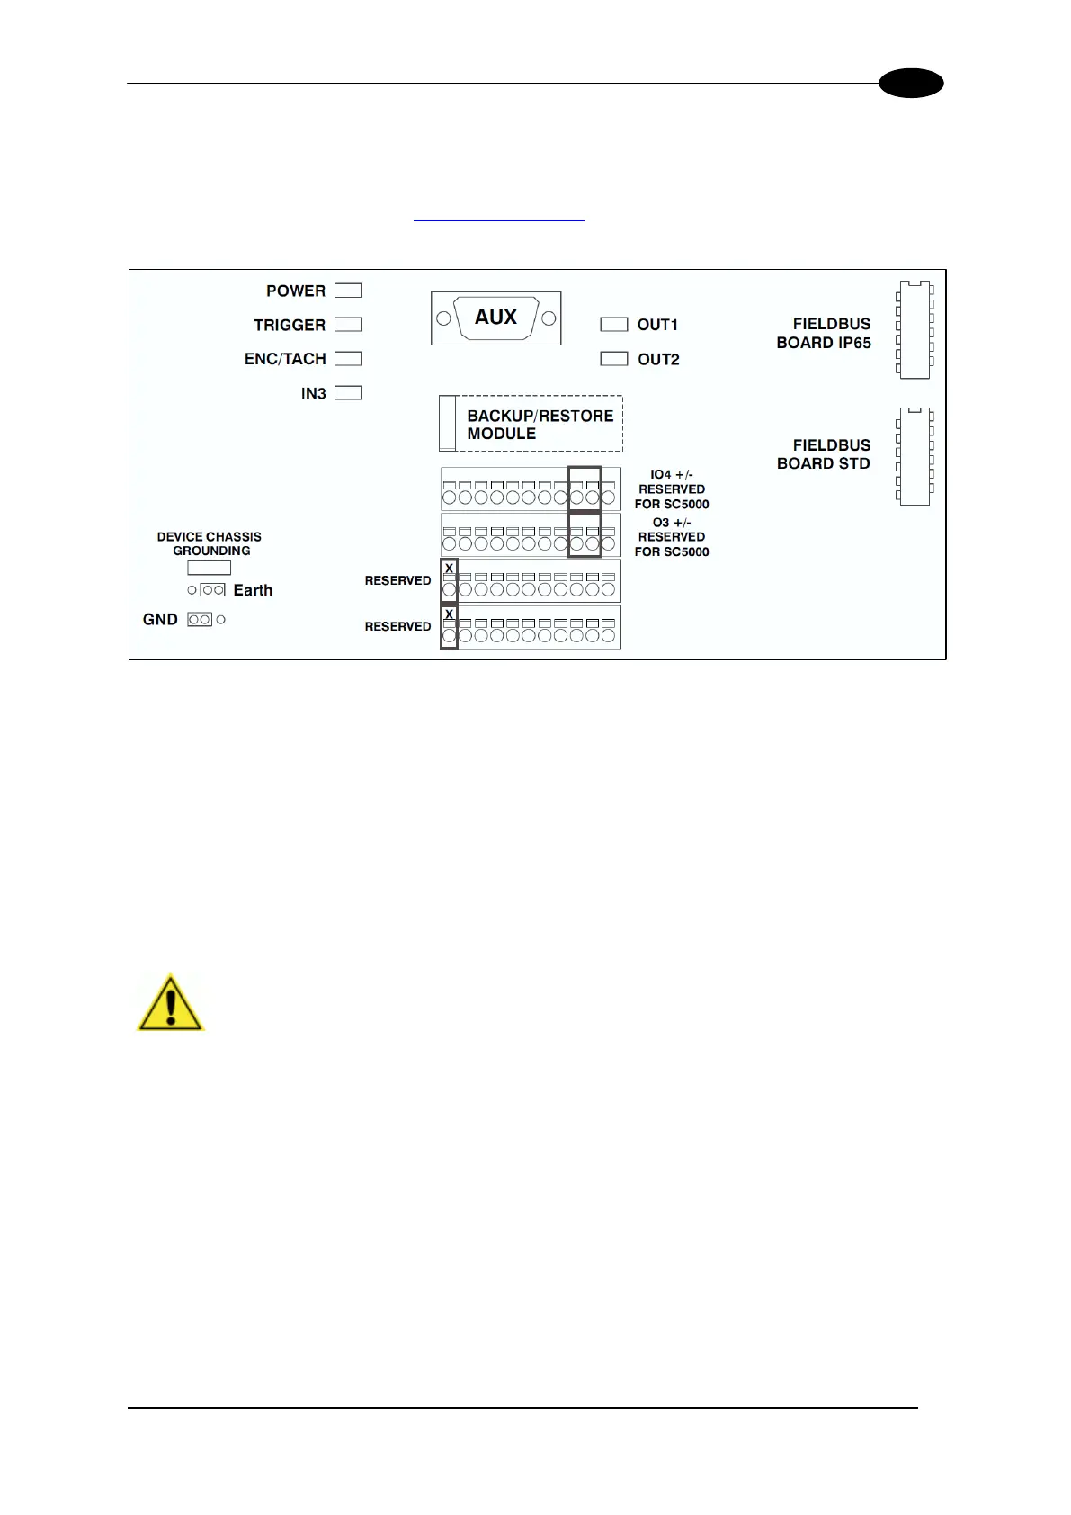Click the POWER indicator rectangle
[348, 291]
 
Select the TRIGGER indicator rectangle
[348, 324]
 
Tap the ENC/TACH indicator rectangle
[348, 358]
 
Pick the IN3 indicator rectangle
[348, 392]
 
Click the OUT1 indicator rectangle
[613, 324]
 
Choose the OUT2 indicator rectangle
[613, 358]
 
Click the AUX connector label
[495, 318]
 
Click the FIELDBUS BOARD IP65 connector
[915, 330]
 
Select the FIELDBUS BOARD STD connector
[915, 456]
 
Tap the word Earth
[253, 590]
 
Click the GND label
[160, 619]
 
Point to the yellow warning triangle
[170, 1003]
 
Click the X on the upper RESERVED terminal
[449, 569]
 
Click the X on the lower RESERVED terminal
[449, 614]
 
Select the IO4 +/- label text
[672, 474]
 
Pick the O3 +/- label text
[672, 523]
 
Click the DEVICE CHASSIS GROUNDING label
[210, 543]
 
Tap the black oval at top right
[911, 84]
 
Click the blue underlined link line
[498, 220]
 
